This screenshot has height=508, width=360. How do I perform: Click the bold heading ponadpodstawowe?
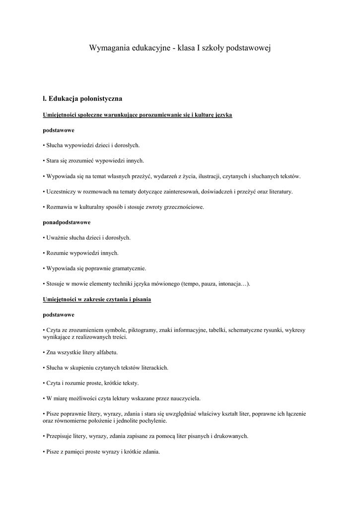tap(67, 222)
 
